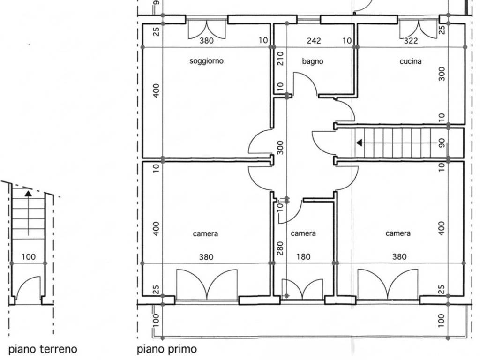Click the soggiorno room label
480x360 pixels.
point(206,61)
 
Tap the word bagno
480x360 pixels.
point(313,61)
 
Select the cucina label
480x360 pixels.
point(411,61)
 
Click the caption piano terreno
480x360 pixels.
point(43,349)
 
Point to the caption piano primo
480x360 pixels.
point(166,349)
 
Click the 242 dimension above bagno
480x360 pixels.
point(314,40)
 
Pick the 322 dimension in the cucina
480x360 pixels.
point(411,41)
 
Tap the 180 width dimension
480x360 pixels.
point(303,256)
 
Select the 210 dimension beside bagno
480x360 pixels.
point(280,59)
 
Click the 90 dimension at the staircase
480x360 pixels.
point(442,142)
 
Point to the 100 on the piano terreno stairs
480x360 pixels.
point(29,256)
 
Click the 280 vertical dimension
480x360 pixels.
point(280,248)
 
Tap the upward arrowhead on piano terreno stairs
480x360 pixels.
point(28,193)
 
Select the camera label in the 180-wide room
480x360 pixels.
point(303,233)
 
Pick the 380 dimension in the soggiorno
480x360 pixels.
point(207,40)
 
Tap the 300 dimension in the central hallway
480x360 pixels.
point(280,147)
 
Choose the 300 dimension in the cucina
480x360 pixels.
point(442,74)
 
